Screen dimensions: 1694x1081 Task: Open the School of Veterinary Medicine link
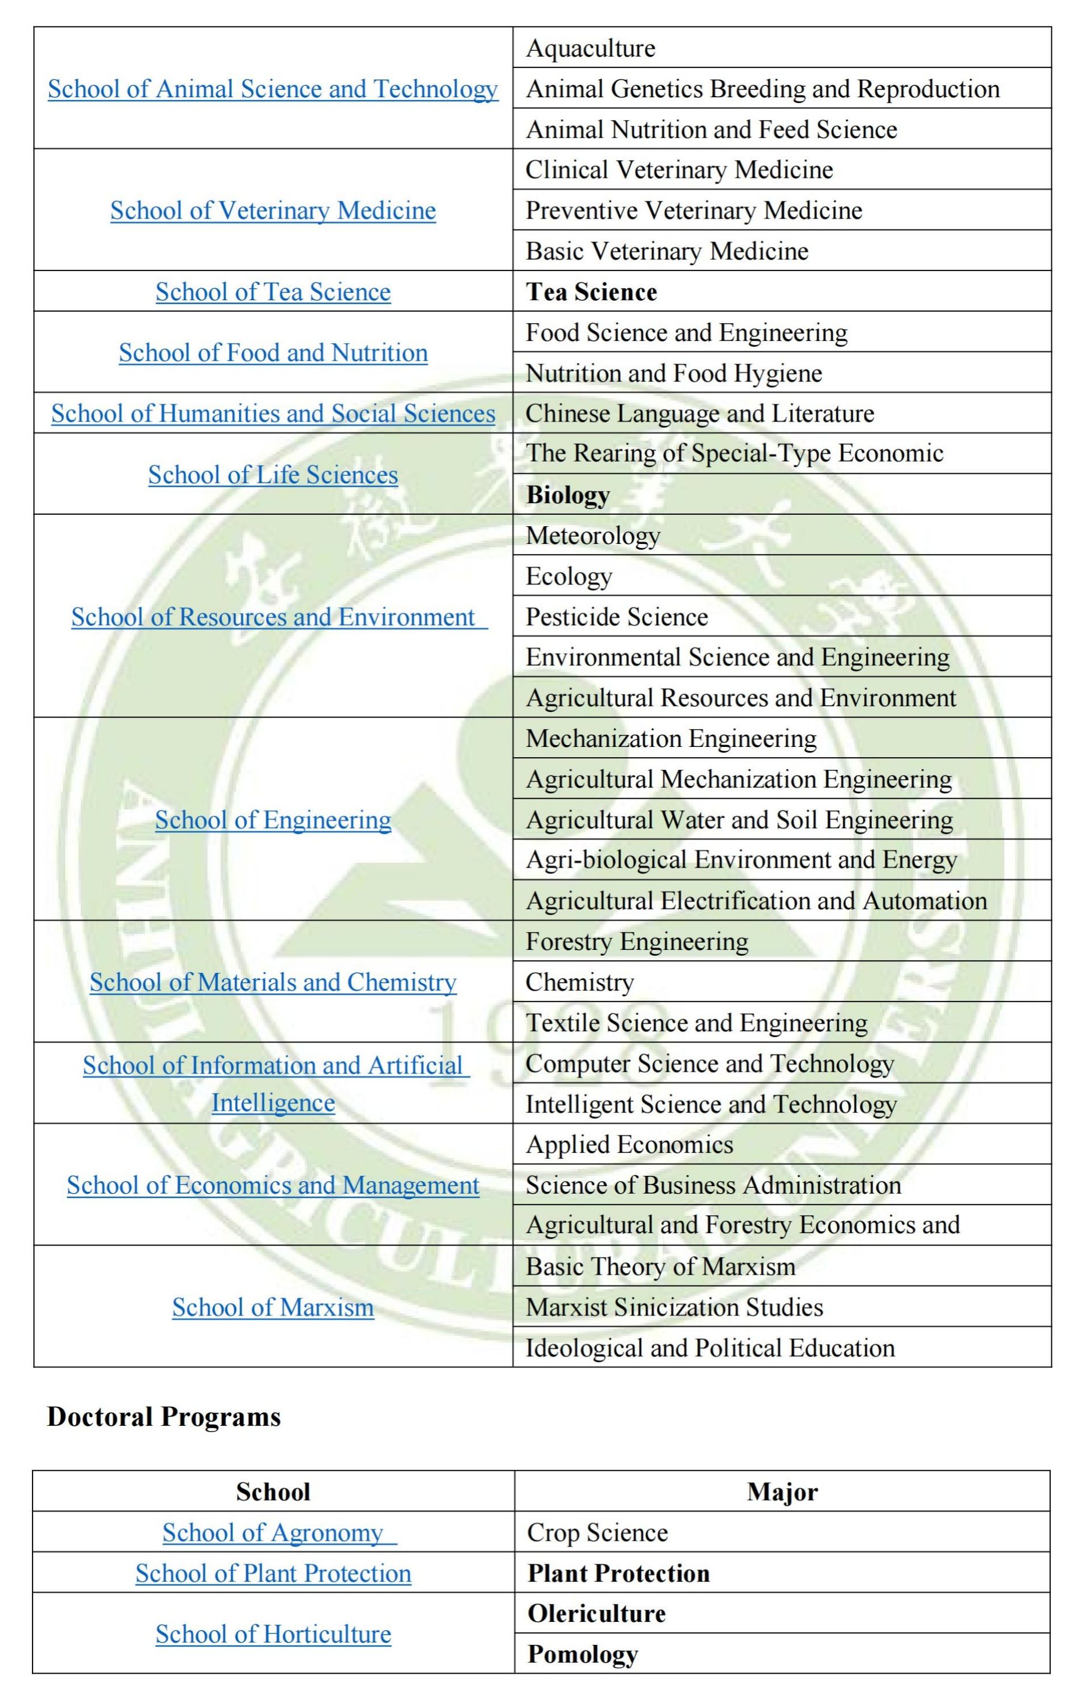click(273, 210)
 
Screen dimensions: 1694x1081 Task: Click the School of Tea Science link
click(273, 292)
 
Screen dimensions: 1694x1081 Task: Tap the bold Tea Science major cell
click(591, 292)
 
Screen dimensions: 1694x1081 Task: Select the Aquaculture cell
click(591, 48)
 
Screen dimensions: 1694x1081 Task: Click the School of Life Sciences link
click(273, 475)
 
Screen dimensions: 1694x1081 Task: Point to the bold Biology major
click(567, 495)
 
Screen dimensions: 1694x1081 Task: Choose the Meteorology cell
click(593, 535)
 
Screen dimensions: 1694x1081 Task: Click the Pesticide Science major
click(617, 617)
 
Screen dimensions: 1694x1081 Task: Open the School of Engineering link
click(273, 820)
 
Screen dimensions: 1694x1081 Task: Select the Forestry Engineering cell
click(637, 941)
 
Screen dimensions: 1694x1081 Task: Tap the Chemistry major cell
click(579, 982)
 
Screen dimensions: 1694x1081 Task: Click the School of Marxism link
click(273, 1307)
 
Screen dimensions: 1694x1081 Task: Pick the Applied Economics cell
click(630, 1144)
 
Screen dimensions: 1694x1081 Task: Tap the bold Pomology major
click(582, 1654)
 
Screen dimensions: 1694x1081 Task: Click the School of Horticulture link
click(273, 1633)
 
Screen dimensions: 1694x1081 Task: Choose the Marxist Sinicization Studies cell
click(674, 1307)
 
